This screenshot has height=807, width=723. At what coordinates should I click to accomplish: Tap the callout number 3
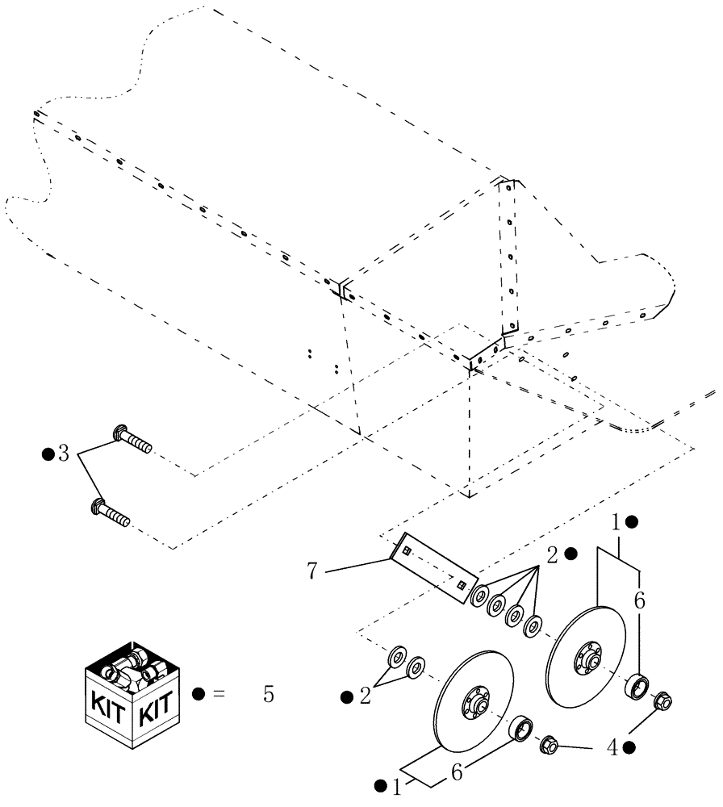tap(63, 454)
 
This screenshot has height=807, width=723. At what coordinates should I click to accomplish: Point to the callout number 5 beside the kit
tap(269, 694)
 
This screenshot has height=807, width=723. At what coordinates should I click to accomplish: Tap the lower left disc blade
tap(474, 702)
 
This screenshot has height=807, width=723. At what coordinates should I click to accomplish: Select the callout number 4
tap(612, 748)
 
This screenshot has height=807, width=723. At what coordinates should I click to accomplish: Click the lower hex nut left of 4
tap(551, 742)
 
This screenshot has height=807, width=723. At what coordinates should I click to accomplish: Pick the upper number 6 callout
tap(639, 601)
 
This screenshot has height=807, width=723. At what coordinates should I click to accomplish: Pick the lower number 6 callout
tap(456, 773)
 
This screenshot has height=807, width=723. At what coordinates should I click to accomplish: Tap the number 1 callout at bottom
tap(398, 784)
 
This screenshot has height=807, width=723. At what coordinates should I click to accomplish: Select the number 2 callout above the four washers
tap(553, 554)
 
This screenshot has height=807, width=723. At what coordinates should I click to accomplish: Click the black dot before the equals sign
tap(197, 693)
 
